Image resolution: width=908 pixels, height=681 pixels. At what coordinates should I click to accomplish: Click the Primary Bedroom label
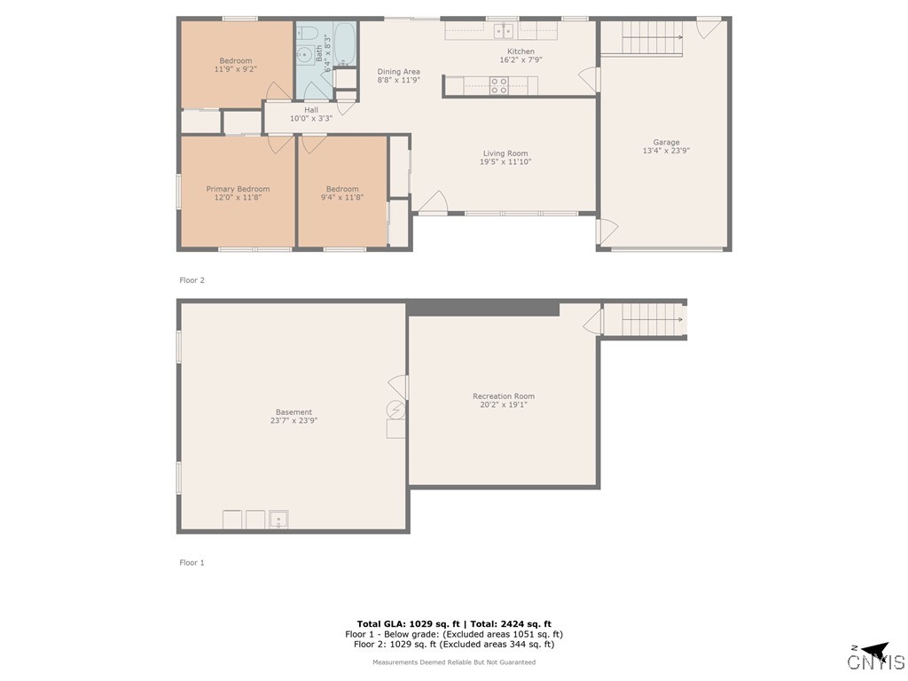pyautogui.click(x=238, y=189)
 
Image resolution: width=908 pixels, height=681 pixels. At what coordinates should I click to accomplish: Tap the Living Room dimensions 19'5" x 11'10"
pyautogui.click(x=505, y=162)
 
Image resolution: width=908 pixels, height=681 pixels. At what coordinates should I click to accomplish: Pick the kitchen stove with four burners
pyautogui.click(x=498, y=86)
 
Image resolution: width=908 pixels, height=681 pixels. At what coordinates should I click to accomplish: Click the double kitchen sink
pyautogui.click(x=505, y=32)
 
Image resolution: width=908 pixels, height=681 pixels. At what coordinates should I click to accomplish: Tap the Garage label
pyautogui.click(x=666, y=142)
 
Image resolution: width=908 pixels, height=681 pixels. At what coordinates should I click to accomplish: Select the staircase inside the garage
pyautogui.click(x=652, y=37)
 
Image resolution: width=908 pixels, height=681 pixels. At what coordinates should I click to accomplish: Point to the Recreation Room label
pyautogui.click(x=504, y=396)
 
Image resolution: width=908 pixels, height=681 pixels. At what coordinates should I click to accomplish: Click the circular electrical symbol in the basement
pyautogui.click(x=396, y=409)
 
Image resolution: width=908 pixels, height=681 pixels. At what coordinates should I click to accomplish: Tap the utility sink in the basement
pyautogui.click(x=278, y=519)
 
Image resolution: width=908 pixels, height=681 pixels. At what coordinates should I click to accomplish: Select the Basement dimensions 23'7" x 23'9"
pyautogui.click(x=294, y=420)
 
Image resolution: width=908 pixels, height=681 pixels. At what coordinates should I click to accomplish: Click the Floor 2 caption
pyautogui.click(x=192, y=280)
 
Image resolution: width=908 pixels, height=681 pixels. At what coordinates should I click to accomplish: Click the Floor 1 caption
pyautogui.click(x=192, y=562)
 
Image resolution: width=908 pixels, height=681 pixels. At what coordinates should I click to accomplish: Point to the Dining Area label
pyautogui.click(x=399, y=72)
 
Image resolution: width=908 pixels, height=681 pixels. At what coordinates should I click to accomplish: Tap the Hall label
pyautogui.click(x=311, y=110)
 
